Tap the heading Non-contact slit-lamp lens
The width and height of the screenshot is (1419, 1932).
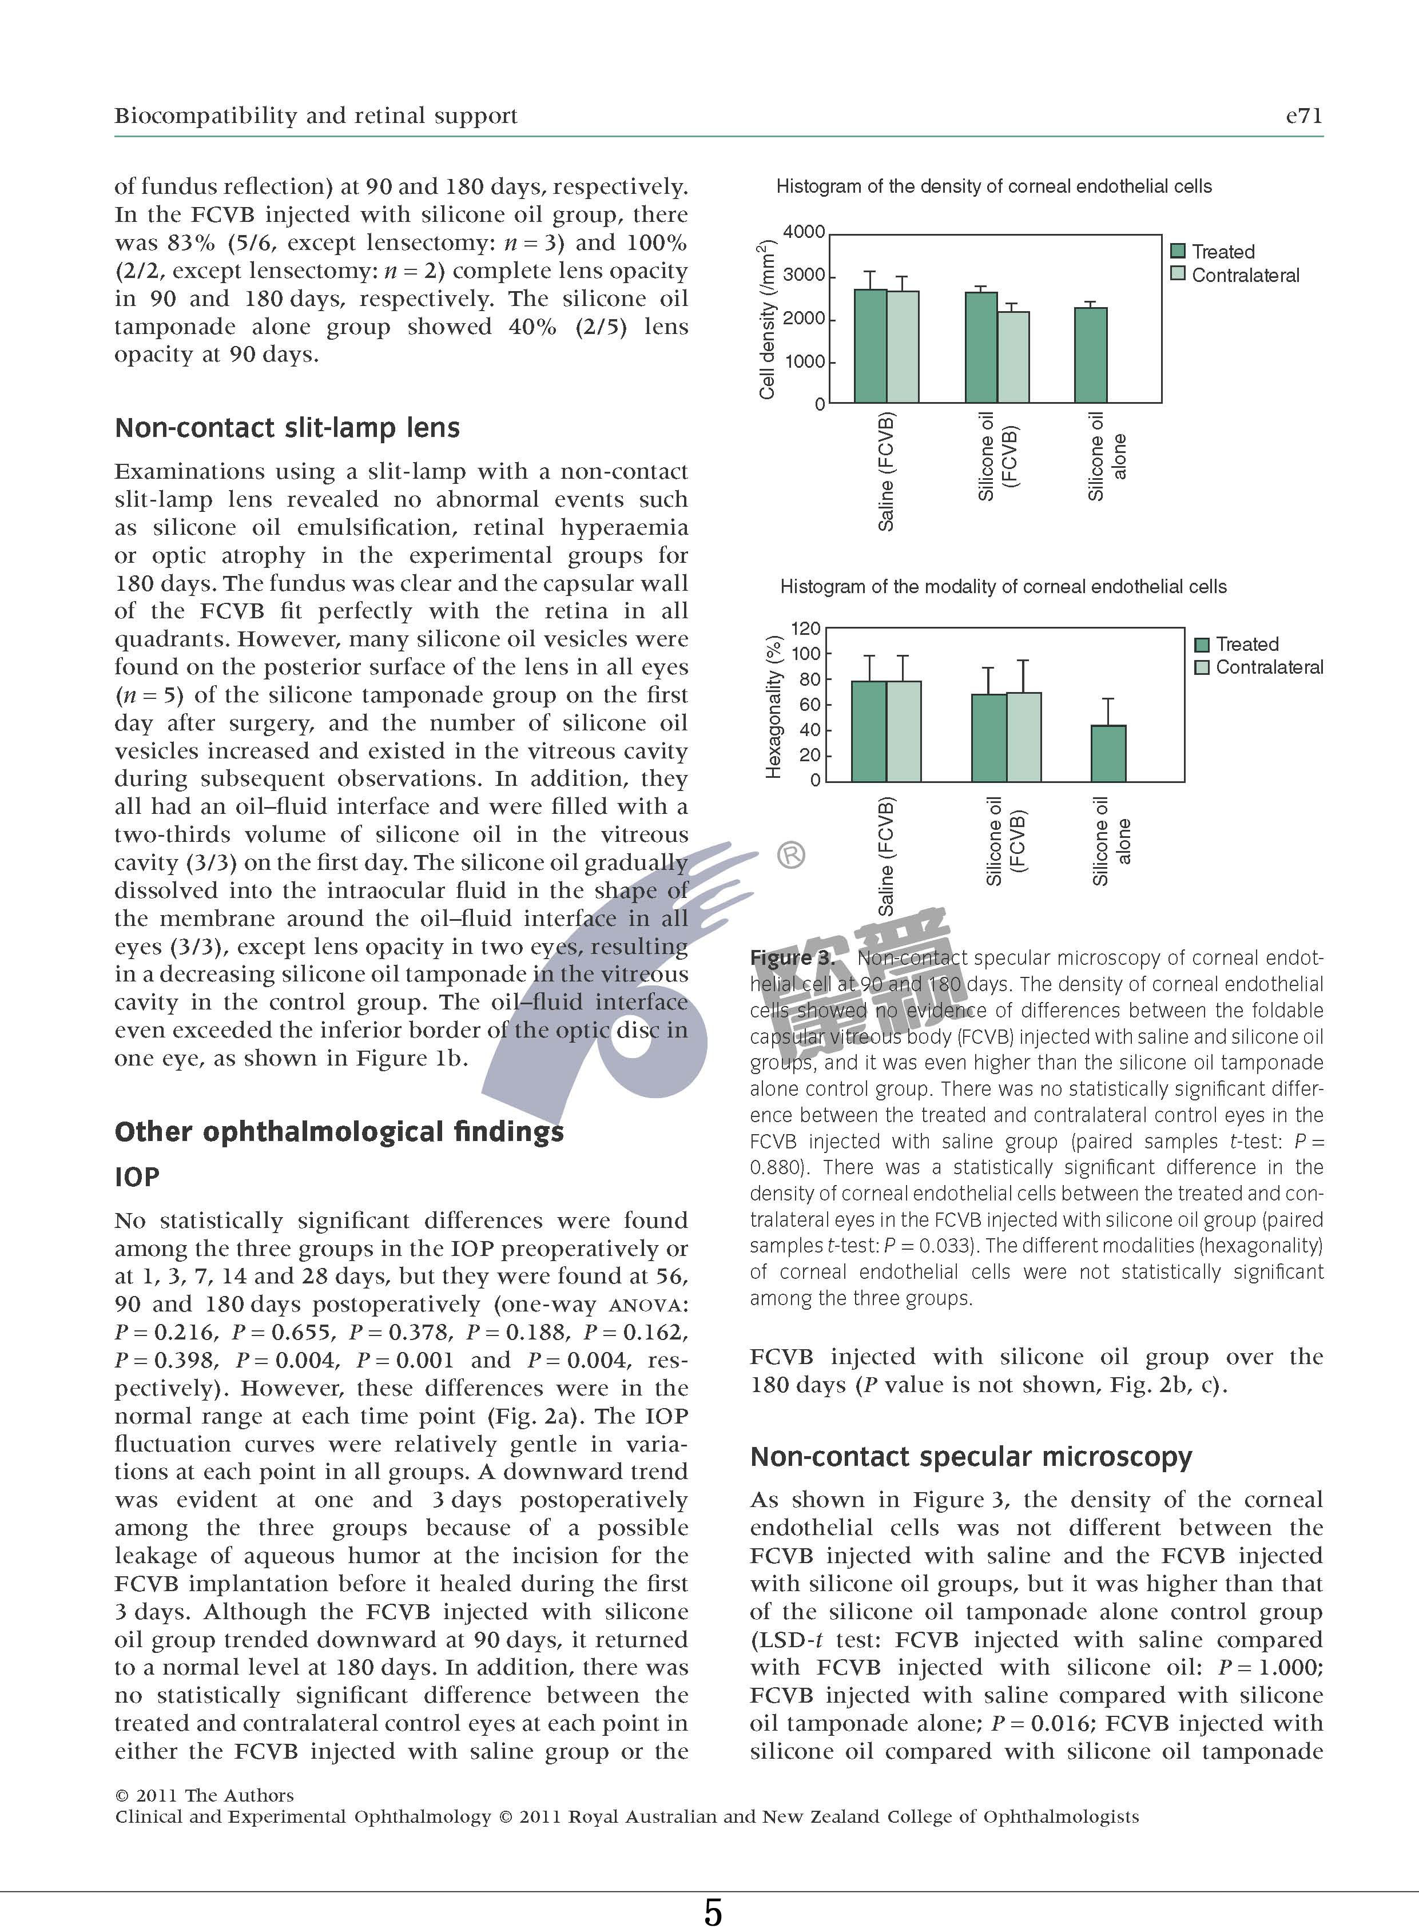coord(287,428)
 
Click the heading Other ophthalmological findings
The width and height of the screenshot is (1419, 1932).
coord(339,1131)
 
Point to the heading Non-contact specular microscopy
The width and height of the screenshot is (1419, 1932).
coord(971,1456)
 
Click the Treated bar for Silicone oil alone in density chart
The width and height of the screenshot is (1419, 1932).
coord(1091,355)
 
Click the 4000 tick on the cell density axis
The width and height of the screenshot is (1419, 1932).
coord(804,232)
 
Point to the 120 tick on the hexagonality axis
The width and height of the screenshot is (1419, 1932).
coord(805,629)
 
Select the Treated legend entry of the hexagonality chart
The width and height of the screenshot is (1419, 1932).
coord(1237,645)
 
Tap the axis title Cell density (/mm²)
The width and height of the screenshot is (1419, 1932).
coord(767,320)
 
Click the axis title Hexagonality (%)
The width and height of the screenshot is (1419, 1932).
coord(774,707)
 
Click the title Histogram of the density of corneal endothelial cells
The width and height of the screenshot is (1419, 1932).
coord(994,186)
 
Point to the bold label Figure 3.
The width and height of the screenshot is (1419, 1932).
coord(791,958)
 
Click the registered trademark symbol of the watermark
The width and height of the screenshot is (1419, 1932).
coord(791,856)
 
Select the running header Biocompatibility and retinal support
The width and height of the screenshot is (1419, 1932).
coord(316,116)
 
